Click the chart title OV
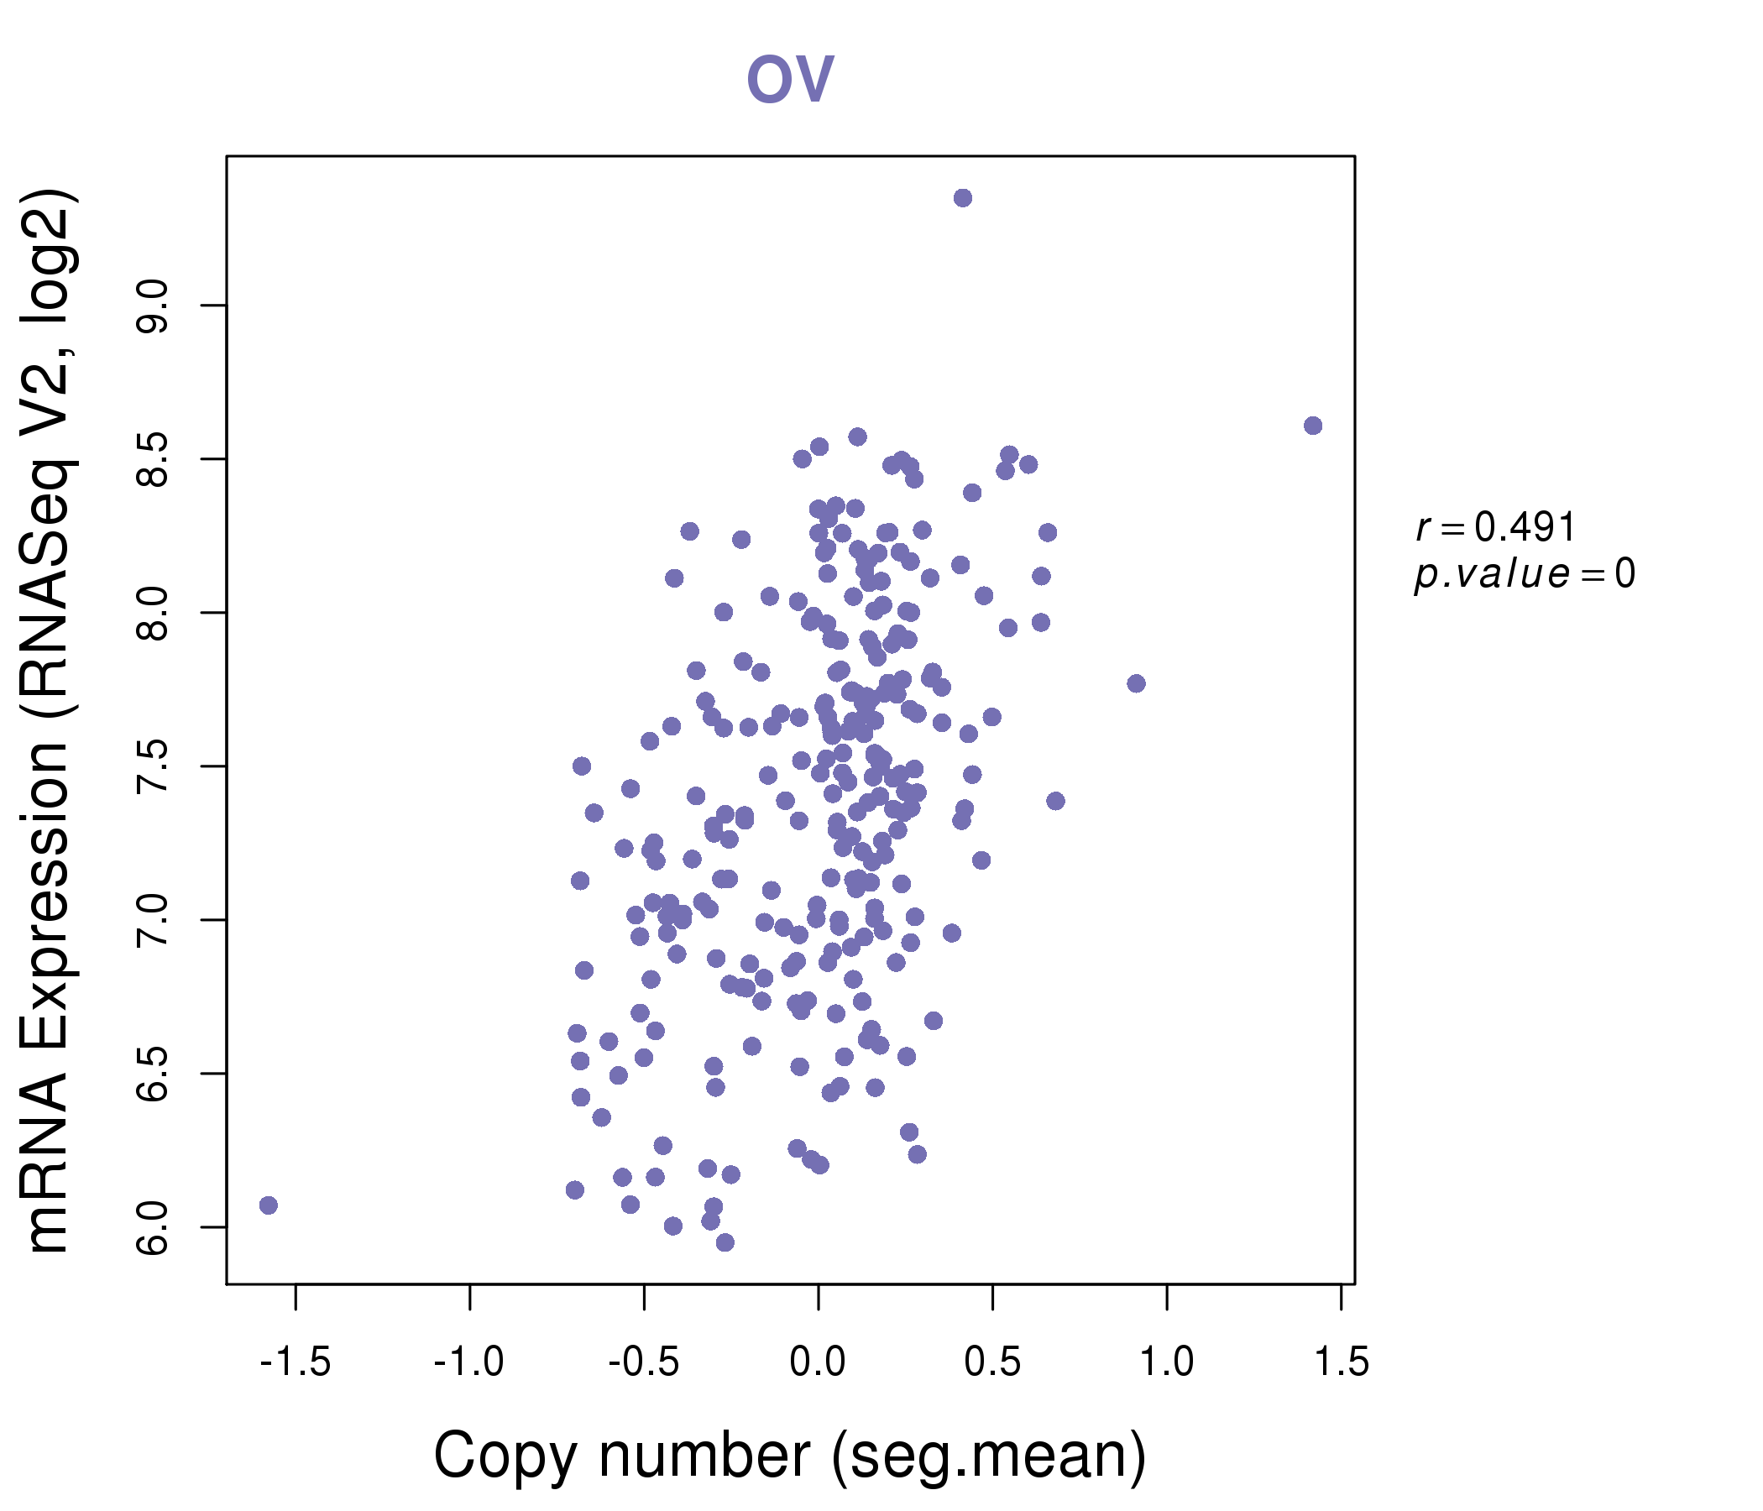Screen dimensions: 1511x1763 (790, 79)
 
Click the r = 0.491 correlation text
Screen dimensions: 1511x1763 (1495, 527)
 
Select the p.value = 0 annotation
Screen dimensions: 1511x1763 (1524, 574)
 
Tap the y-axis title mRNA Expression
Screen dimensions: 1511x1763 (49, 721)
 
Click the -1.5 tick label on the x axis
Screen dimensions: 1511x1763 (296, 1362)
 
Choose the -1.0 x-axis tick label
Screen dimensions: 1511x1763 (468, 1362)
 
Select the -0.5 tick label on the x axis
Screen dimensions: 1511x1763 (643, 1362)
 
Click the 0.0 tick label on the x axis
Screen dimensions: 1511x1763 (818, 1362)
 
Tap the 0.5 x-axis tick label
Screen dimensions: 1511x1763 (992, 1362)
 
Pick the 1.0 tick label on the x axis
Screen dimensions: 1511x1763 (1167, 1362)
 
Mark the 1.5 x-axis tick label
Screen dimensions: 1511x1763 (1341, 1362)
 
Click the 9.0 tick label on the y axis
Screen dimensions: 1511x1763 (154, 306)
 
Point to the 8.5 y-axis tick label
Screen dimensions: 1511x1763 (154, 459)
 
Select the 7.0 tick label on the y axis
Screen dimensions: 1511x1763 (154, 921)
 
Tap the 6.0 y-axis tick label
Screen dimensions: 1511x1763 (154, 1227)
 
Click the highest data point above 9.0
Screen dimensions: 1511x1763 (962, 198)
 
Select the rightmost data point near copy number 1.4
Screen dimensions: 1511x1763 (1312, 426)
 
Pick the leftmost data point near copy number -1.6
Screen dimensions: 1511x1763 (269, 1205)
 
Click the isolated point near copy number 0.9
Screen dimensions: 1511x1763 (1136, 683)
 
